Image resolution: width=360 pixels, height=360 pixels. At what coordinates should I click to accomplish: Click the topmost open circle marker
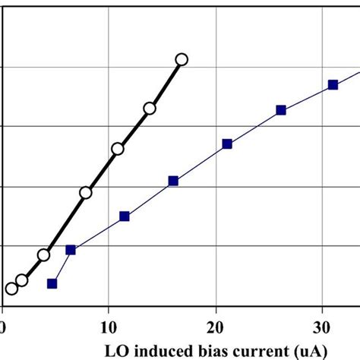pyautogui.click(x=181, y=59)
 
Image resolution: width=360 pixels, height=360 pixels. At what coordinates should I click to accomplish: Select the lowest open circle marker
pyautogui.click(x=11, y=288)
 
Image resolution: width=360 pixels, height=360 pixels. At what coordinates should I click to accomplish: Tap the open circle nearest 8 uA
pyautogui.click(x=86, y=193)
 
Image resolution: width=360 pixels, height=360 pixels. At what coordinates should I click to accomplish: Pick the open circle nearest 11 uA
pyautogui.click(x=118, y=149)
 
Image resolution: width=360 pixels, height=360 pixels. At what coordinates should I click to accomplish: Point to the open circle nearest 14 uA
pyautogui.click(x=150, y=109)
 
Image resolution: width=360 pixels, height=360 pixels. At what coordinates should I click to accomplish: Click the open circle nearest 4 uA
pyautogui.click(x=44, y=255)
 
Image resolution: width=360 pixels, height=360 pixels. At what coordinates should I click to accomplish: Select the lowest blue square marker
pyautogui.click(x=52, y=283)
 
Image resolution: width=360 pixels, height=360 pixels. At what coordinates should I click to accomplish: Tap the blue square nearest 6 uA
pyautogui.click(x=71, y=250)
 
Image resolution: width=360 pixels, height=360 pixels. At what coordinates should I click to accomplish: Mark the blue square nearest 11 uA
pyautogui.click(x=125, y=216)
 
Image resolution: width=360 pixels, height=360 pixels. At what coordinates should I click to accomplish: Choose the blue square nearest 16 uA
pyautogui.click(x=173, y=181)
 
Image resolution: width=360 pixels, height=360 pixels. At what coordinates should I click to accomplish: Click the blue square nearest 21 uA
pyautogui.click(x=227, y=144)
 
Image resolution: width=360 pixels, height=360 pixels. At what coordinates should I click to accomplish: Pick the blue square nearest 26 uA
pyautogui.click(x=281, y=110)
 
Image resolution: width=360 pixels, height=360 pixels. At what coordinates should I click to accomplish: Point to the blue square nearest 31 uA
pyautogui.click(x=332, y=84)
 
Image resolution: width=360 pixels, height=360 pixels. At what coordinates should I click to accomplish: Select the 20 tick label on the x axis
pyautogui.click(x=216, y=327)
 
